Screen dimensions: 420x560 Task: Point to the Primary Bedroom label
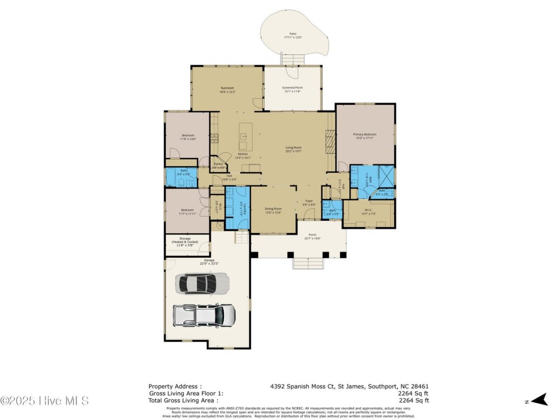pyautogui.click(x=364, y=136)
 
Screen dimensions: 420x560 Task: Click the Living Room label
pyautogui.click(x=294, y=149)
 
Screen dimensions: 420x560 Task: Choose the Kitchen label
pyautogui.click(x=243, y=155)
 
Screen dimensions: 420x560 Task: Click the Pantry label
pyautogui.click(x=218, y=165)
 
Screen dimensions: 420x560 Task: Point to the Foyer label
pyautogui.click(x=309, y=202)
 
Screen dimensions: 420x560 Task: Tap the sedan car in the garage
pyautogui.click(x=202, y=283)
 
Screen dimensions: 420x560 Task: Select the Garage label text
pyautogui.click(x=209, y=260)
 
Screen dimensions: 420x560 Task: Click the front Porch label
pyautogui.click(x=312, y=236)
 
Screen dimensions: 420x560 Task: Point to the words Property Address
pyautogui.click(x=175, y=386)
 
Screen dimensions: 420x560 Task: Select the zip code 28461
pyautogui.click(x=419, y=386)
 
